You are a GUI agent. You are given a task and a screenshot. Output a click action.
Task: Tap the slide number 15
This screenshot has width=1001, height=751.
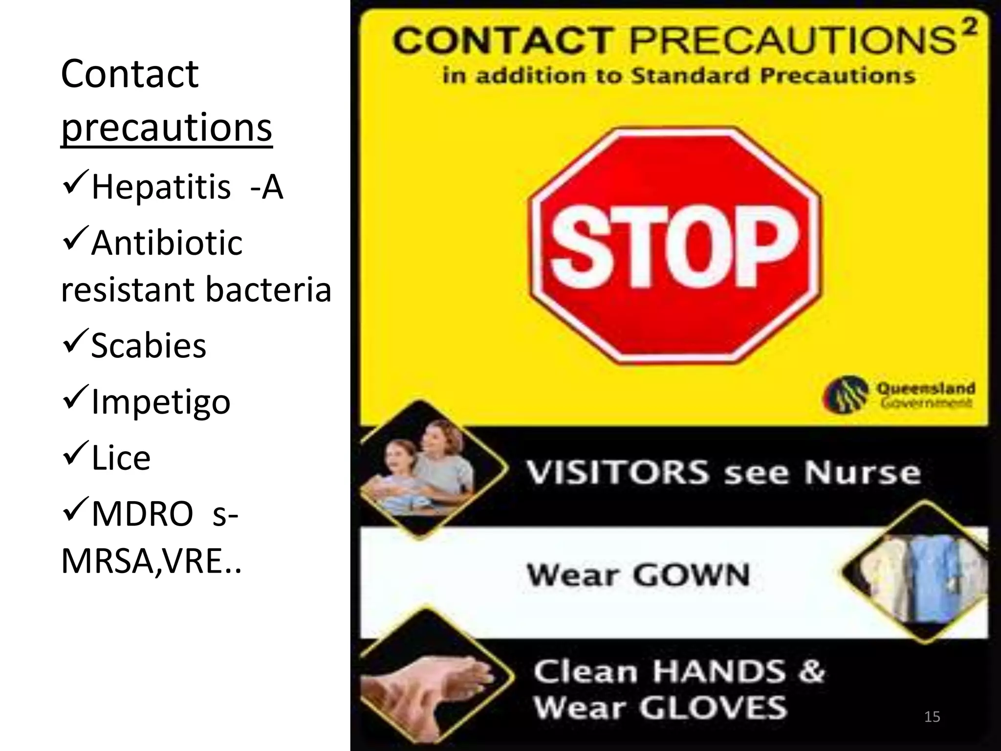pyautogui.click(x=932, y=717)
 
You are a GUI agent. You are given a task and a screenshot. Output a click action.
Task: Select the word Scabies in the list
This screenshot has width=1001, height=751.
pyautogui.click(x=149, y=345)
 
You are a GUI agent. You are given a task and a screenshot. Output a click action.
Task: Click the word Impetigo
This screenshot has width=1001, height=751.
pyautogui.click(x=161, y=402)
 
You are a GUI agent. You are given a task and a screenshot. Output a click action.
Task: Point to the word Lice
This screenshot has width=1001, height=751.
pyautogui.click(x=121, y=458)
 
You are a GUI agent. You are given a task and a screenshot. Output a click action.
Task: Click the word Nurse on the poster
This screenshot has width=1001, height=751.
pyautogui.click(x=862, y=472)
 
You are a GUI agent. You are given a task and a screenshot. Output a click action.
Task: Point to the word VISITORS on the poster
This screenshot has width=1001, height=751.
pyautogui.click(x=617, y=472)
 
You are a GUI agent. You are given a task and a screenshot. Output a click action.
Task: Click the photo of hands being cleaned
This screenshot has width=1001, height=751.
pyautogui.click(x=430, y=682)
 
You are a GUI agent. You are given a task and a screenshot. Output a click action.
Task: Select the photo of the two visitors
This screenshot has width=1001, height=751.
pyautogui.click(x=425, y=469)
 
